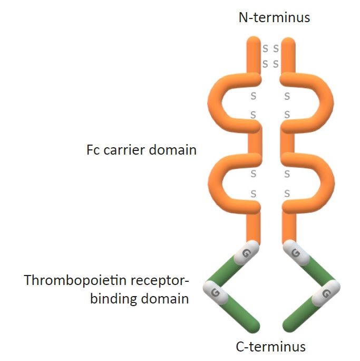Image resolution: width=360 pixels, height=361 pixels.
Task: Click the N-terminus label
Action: pos(274,18)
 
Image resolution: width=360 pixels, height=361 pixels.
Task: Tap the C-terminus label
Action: pos(271,346)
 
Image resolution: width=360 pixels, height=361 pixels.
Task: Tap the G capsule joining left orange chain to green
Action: pos(246,252)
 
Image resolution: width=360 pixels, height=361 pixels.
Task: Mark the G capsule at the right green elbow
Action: pos(325,292)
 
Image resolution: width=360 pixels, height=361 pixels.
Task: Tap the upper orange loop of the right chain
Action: pos(323,100)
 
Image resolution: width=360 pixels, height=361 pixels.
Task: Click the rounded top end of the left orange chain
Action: pos(254,42)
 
